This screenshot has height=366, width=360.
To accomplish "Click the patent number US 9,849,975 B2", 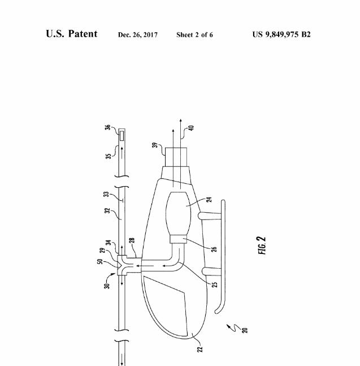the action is click(281, 35).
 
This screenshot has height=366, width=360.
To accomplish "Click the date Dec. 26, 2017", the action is click(138, 35).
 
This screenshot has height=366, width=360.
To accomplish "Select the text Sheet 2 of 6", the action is click(194, 35).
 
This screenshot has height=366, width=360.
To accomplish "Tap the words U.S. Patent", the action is click(72, 33).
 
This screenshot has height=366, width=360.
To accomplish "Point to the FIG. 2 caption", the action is click(262, 246).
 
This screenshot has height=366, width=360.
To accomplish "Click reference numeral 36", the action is click(107, 127).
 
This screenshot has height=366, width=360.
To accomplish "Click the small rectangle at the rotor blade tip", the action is click(122, 136).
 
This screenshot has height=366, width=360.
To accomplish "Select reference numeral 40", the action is click(191, 128).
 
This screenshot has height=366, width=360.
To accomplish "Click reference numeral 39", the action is click(155, 145).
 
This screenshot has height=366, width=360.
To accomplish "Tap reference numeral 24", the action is click(209, 200).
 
